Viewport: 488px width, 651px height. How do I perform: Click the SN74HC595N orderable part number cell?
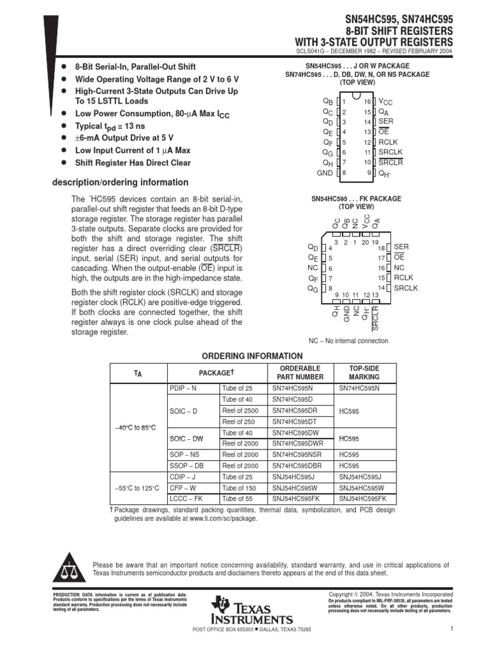tap(292, 387)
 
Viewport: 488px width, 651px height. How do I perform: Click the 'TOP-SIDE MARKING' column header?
tap(364, 373)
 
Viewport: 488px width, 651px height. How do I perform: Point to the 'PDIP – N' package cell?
tap(184, 387)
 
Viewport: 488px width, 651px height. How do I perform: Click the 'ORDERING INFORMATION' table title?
tap(252, 356)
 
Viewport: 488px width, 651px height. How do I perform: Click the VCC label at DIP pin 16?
tap(386, 101)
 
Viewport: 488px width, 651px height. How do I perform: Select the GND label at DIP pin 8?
tap(325, 173)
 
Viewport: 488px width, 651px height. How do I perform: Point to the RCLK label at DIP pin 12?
tap(387, 142)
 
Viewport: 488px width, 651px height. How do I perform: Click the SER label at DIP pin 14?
tap(385, 121)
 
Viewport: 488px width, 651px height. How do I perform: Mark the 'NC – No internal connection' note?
tap(348, 341)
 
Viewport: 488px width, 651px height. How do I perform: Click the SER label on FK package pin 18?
tap(401, 246)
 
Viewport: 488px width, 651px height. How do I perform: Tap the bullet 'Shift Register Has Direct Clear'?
tap(133, 163)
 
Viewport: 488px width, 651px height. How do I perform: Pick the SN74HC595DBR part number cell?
tap(295, 465)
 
